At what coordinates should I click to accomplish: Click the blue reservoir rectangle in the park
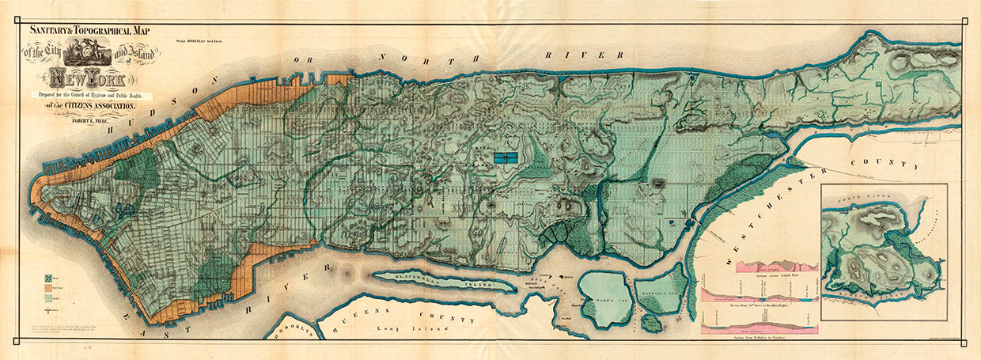coord(504,157)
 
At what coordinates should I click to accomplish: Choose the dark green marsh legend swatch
coord(49,278)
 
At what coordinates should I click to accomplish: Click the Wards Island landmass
coord(605,300)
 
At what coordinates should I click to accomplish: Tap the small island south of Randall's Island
coord(651,323)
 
